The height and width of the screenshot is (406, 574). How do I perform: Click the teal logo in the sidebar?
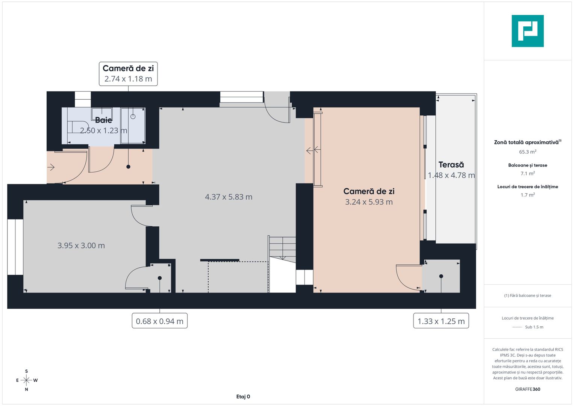(x=527, y=31)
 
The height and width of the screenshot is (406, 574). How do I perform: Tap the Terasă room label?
(x=451, y=165)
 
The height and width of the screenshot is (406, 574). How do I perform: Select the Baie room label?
(x=103, y=120)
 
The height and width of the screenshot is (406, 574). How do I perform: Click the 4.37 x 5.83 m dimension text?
(x=229, y=197)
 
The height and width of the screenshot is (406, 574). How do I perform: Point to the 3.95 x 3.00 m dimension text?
(x=81, y=245)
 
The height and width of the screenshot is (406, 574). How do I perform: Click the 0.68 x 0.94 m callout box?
(x=160, y=321)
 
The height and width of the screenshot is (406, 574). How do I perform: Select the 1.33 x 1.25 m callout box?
(x=441, y=321)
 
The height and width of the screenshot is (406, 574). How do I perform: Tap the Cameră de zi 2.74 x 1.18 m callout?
(x=128, y=74)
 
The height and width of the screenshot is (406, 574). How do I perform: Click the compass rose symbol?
(x=26, y=380)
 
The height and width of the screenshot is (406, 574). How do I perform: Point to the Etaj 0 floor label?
(x=243, y=397)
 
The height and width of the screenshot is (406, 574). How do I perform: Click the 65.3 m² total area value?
(x=527, y=152)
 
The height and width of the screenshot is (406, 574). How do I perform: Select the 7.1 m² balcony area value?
(x=527, y=173)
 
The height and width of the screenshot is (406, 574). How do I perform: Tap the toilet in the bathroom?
(x=77, y=127)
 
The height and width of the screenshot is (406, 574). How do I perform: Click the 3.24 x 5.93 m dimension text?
(x=369, y=202)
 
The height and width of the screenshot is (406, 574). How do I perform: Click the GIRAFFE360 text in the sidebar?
(x=527, y=389)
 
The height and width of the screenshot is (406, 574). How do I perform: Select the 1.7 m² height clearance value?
(x=527, y=195)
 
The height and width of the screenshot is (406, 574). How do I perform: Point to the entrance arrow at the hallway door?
(x=51, y=167)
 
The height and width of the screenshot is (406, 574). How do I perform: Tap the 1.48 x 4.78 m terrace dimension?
(x=451, y=175)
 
